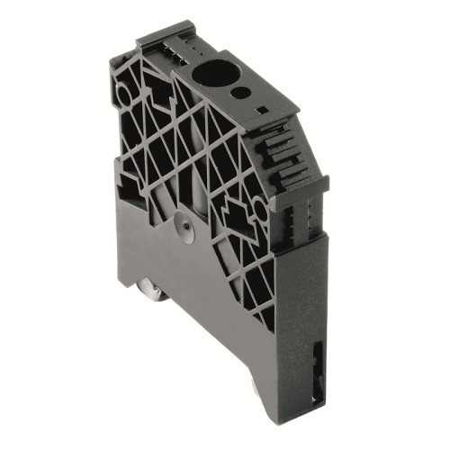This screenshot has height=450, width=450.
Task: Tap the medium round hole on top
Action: [x=239, y=91]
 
